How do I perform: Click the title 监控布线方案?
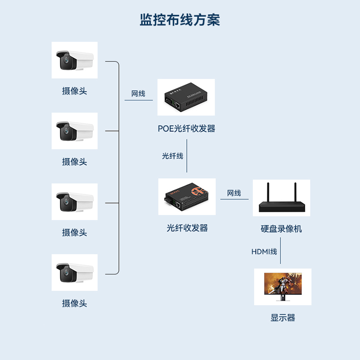[x=180, y=20]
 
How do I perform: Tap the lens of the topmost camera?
[x=66, y=60]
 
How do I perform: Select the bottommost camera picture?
[x=74, y=273]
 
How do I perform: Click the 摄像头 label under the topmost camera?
[x=74, y=91]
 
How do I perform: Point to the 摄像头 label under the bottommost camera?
[x=74, y=303]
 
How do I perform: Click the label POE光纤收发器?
[x=186, y=129]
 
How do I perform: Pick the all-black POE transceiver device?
[x=185, y=97]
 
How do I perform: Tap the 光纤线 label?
[x=172, y=156]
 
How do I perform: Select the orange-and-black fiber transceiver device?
[x=187, y=197]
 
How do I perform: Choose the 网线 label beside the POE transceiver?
[x=138, y=94]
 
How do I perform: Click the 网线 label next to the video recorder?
[x=234, y=193]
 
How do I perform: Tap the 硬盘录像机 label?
[x=281, y=229]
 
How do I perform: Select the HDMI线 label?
[x=264, y=252]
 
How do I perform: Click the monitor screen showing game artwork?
[x=283, y=283]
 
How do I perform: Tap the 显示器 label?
[x=283, y=318]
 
